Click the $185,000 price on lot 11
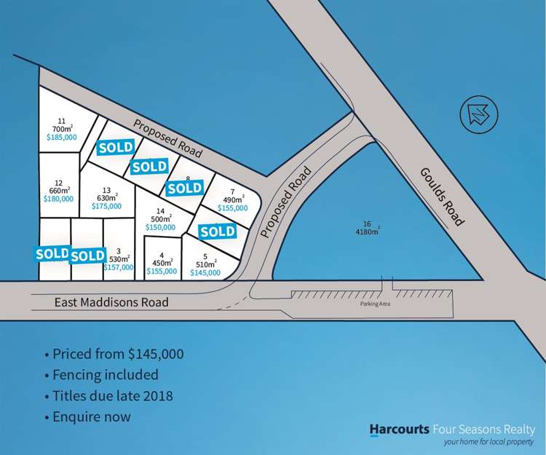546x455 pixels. point(61,136)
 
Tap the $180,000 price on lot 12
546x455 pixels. point(58,199)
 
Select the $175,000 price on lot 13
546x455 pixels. point(106,206)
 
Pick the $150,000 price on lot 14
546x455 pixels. point(161,227)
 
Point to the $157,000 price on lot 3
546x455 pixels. point(119,267)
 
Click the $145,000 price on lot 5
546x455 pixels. point(205,272)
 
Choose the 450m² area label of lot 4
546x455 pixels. point(162,264)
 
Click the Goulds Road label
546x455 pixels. point(441,196)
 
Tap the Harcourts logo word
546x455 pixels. point(399,430)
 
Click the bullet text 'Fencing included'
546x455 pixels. point(105,376)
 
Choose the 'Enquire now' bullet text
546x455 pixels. point(92,417)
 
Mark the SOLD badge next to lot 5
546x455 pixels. point(217,232)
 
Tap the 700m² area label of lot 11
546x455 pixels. point(61,128)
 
